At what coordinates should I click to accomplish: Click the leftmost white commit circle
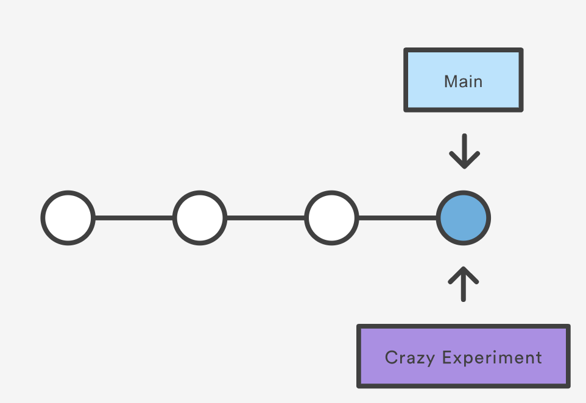click(68, 218)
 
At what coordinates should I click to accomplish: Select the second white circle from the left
click(200, 218)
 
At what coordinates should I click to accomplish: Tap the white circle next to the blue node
click(331, 218)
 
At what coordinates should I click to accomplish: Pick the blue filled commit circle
click(463, 218)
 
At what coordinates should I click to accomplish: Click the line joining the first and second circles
click(134, 218)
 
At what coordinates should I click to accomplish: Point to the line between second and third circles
click(266, 218)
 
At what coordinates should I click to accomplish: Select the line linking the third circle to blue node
click(397, 218)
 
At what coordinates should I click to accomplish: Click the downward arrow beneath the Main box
click(464, 152)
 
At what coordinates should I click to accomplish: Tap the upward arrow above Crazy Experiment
click(464, 284)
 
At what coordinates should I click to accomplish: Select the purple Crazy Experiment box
click(463, 357)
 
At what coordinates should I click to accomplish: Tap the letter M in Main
click(450, 82)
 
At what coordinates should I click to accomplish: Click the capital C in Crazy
click(390, 357)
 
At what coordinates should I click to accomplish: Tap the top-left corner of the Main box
click(406, 50)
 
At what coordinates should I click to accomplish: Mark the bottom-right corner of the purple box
click(568, 386)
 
